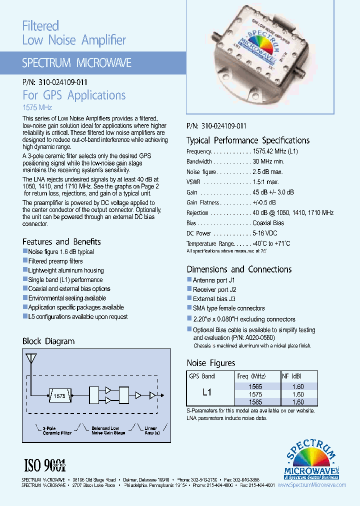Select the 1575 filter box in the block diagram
pos(59,395)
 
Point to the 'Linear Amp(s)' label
pos(150,430)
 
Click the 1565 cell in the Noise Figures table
pos(255,386)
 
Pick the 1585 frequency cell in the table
pos(255,402)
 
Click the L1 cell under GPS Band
pos(207,393)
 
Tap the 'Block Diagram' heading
pos(48,341)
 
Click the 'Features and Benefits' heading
pos(61,241)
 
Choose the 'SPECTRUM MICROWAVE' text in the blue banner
pos(76,63)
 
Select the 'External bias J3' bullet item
pos(213,299)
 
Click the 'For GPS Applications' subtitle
pos(74,95)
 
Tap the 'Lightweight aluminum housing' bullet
pos(65,270)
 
